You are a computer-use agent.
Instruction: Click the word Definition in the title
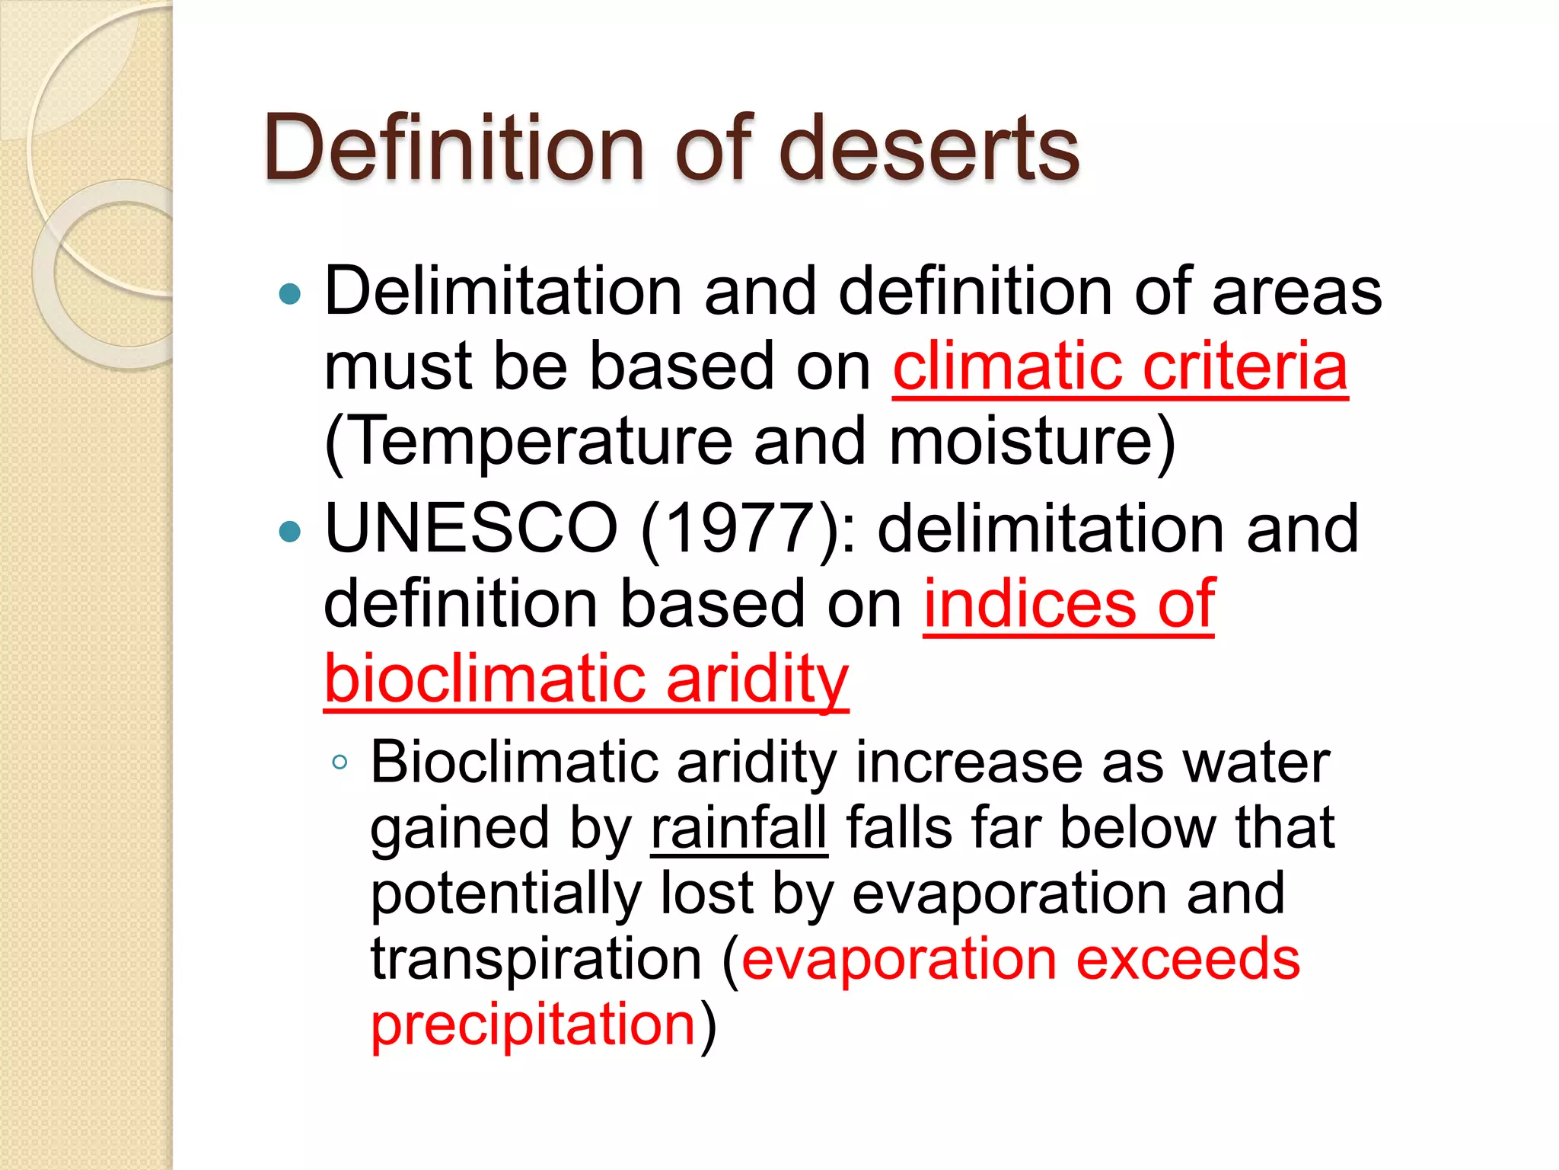tap(454, 148)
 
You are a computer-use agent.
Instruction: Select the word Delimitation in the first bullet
tap(503, 292)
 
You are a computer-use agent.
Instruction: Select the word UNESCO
tap(471, 529)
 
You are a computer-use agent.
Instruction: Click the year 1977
tap(742, 529)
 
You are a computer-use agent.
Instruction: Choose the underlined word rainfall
tap(738, 828)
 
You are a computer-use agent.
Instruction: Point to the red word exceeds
tap(1188, 959)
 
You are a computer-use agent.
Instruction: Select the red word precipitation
tap(534, 1025)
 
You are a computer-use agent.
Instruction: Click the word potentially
tap(505, 893)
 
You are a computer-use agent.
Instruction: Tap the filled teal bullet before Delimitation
tap(290, 293)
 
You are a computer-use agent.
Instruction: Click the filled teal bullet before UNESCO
tap(290, 531)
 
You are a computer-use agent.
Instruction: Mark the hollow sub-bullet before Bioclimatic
tap(340, 762)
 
